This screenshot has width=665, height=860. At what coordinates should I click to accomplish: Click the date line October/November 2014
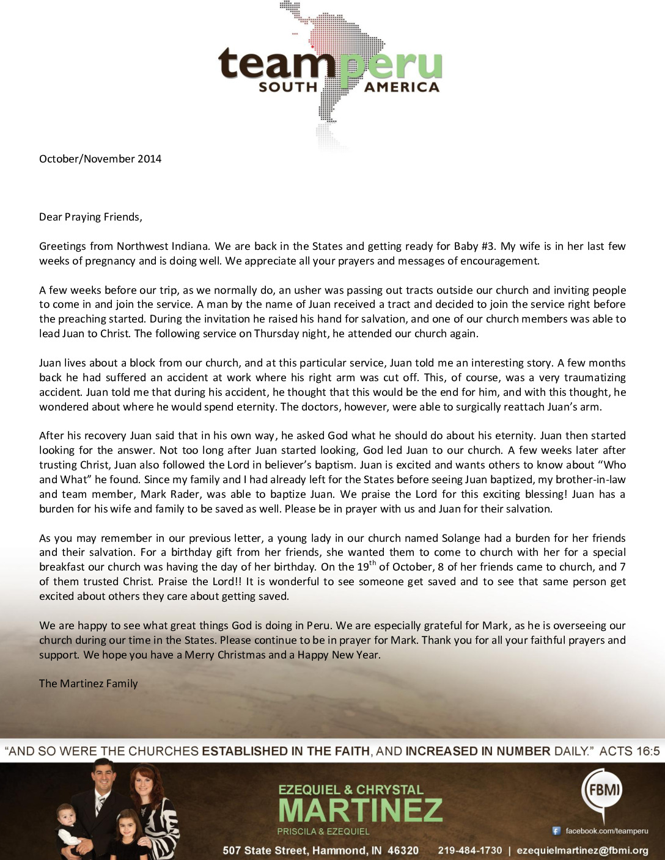[x=100, y=159]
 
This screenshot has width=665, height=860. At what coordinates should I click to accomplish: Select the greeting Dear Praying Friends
[x=90, y=217]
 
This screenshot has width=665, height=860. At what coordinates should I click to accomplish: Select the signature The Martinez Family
[x=89, y=683]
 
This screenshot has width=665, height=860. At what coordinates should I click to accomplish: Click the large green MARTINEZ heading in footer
[x=360, y=810]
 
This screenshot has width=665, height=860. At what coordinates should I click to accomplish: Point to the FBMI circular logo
[x=603, y=790]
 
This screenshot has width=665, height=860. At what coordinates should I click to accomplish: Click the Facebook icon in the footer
[x=556, y=831]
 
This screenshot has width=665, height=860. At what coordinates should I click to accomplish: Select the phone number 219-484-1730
[x=470, y=850]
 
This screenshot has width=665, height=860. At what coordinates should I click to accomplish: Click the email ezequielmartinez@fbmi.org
[x=582, y=850]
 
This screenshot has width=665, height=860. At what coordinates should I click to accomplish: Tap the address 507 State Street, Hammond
[x=320, y=850]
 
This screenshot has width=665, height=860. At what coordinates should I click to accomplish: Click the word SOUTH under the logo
[x=288, y=87]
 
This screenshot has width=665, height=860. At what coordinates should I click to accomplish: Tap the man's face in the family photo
[x=103, y=779]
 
